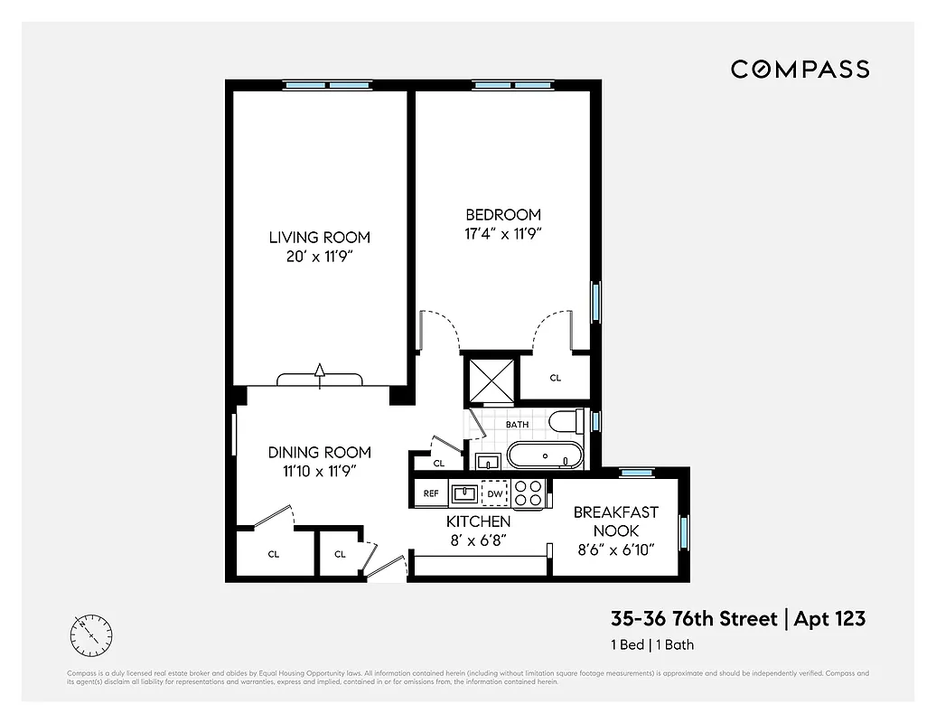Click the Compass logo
click(800, 69)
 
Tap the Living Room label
click(319, 238)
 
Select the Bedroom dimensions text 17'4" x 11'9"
click(503, 232)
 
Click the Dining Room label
click(319, 453)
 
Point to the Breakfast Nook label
click(616, 521)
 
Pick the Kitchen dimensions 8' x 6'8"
click(478, 540)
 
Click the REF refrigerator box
click(431, 493)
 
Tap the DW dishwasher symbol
click(494, 493)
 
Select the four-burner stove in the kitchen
click(528, 493)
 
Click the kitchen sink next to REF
click(464, 493)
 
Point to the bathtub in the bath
click(544, 455)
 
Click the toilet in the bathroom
click(566, 423)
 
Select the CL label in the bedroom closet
click(556, 378)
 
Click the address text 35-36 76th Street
click(694, 619)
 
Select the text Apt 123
click(829, 619)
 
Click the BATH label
click(517, 425)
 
